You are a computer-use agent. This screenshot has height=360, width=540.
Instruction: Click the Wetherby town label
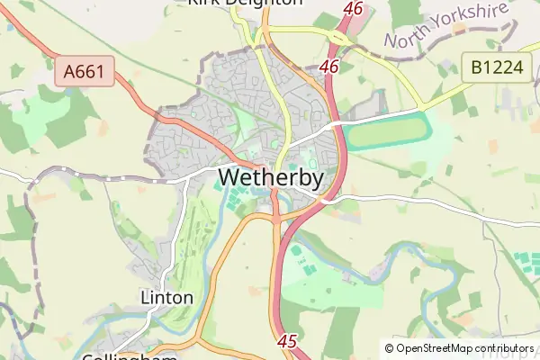(271, 178)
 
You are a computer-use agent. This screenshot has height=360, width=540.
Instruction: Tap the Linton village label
(167, 297)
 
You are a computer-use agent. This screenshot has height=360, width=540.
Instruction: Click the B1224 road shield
(496, 66)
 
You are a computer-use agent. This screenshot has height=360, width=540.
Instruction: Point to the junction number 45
(288, 341)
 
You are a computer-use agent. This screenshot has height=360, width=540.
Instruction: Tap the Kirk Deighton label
(245, 3)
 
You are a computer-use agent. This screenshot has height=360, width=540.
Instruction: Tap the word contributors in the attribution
(507, 348)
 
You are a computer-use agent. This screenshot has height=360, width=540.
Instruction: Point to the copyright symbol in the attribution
(389, 348)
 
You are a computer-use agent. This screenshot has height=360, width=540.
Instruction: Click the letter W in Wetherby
(229, 178)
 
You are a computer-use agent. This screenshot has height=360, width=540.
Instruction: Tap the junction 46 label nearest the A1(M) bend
(329, 67)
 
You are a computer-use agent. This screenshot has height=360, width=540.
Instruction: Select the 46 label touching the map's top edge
(354, 8)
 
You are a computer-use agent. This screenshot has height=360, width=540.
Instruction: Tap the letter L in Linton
(146, 297)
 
